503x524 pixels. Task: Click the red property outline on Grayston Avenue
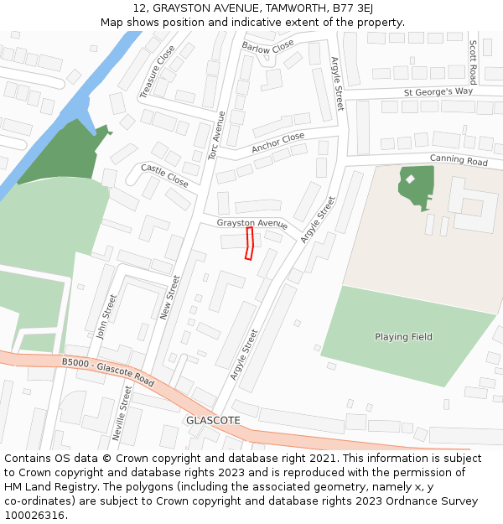coord(249,243)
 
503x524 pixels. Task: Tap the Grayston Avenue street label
coord(251,224)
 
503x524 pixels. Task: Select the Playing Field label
coord(403,337)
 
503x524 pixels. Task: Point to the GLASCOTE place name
coord(213,420)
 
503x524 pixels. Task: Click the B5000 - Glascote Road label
coord(108,371)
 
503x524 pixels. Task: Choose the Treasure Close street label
coord(157,71)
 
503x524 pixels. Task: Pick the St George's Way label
coord(438,91)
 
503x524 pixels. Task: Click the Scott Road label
coord(473,61)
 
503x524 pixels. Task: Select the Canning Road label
coord(459,159)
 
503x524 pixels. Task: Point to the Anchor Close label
coord(278,143)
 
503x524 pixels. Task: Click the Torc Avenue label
coord(216,135)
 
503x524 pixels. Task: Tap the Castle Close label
coord(164,174)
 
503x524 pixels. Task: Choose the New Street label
coord(169,297)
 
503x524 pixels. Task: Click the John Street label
coord(106,317)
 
